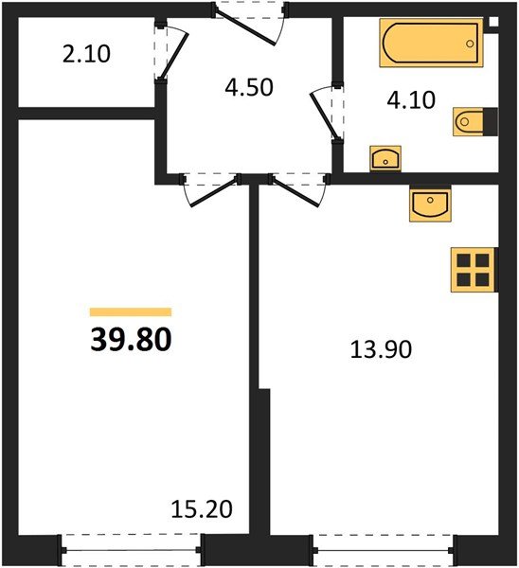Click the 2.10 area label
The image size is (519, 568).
(86, 54)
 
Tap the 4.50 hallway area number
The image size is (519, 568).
(249, 88)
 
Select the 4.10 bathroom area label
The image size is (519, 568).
(411, 100)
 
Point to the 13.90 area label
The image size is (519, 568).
(381, 349)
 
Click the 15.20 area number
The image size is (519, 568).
(202, 509)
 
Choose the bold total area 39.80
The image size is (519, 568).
(131, 340)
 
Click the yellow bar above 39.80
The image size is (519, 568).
(131, 311)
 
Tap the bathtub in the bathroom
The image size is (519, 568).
(431, 44)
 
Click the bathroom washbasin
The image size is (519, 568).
(385, 158)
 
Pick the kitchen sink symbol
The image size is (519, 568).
(430, 204)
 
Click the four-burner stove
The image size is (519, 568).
(474, 270)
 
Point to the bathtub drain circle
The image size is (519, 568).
(470, 44)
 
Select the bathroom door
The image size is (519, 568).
(323, 113)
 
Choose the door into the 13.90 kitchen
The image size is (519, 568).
(298, 191)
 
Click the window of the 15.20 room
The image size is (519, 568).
(131, 550)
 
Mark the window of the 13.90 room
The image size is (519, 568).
(384, 550)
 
